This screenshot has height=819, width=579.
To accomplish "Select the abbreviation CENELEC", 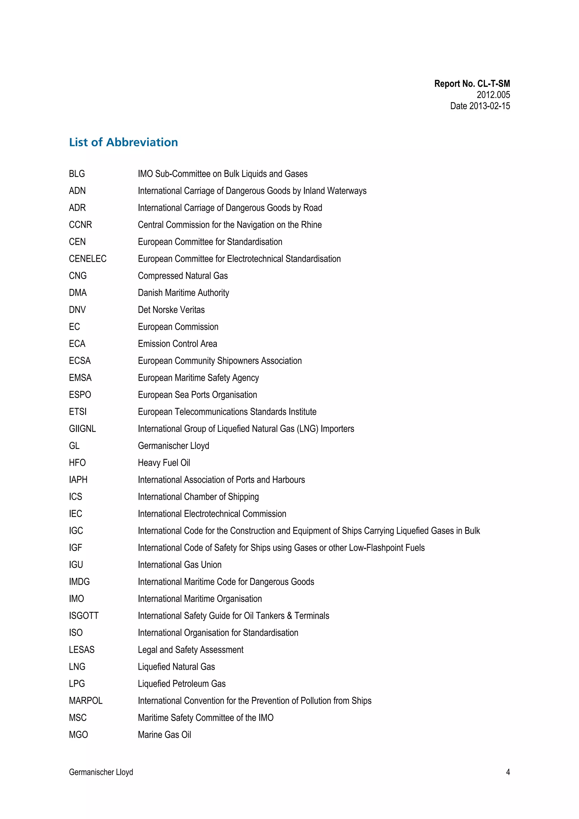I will (87, 259).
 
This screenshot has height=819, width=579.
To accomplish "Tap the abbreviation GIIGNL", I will (82, 429).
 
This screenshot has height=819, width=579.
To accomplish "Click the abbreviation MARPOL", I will (86, 701).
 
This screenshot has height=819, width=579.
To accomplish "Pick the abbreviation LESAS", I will (82, 650).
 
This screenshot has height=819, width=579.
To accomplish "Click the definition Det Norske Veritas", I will (171, 310).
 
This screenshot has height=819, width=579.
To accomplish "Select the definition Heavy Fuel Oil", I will (164, 463).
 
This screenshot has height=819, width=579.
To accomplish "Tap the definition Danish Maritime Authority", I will (183, 293).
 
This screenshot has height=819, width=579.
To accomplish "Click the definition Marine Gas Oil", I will (165, 734).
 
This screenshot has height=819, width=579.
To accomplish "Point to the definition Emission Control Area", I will (177, 344).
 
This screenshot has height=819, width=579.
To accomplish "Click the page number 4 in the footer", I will (508, 772).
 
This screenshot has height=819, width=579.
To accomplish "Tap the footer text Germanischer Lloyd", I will (101, 772).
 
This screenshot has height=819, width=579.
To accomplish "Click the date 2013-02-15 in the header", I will (489, 106).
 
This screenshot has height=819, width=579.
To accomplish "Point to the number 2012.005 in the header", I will (493, 95).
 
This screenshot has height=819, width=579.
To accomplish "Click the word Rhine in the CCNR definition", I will (312, 225).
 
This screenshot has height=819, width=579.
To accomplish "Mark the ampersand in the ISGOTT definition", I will (289, 616).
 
